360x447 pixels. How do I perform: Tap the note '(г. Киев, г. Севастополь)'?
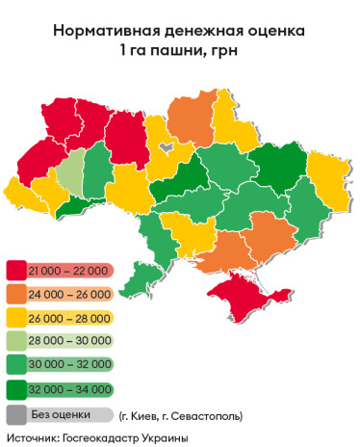[181, 416]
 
